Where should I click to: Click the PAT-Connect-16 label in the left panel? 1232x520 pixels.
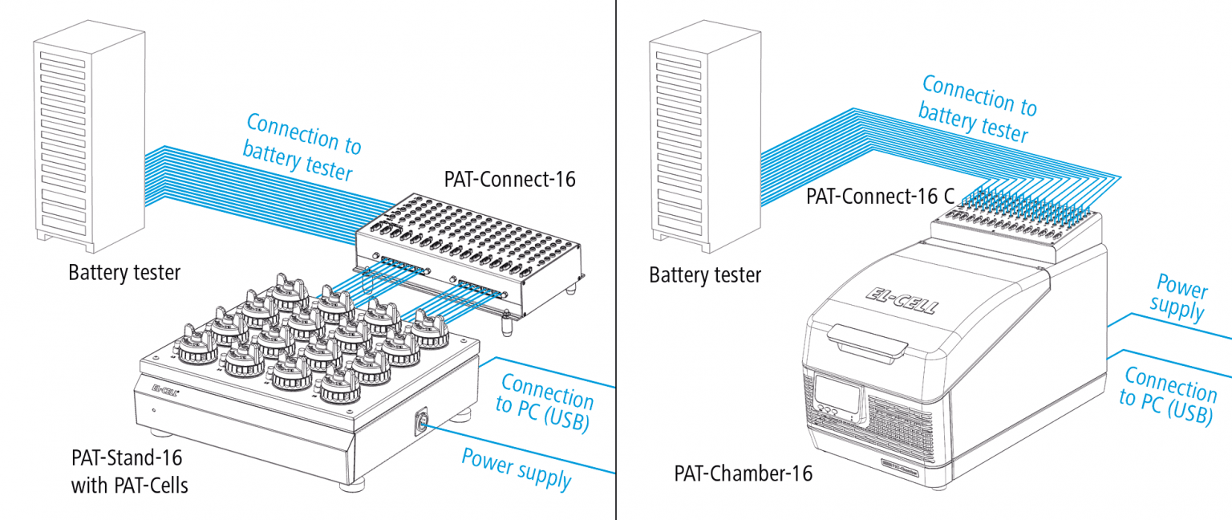coord(509,179)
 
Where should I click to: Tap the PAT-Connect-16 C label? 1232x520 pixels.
coord(872,195)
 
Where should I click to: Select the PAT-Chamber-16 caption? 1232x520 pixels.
coord(743,473)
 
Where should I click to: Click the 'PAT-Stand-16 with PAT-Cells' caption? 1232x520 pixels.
coord(128,471)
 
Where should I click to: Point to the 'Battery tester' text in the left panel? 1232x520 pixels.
coord(124,273)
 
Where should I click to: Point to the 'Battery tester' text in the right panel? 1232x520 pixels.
coord(705,276)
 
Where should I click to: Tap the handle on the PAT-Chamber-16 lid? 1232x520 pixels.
coord(869,342)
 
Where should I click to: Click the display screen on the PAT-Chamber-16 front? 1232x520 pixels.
coord(839,392)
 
